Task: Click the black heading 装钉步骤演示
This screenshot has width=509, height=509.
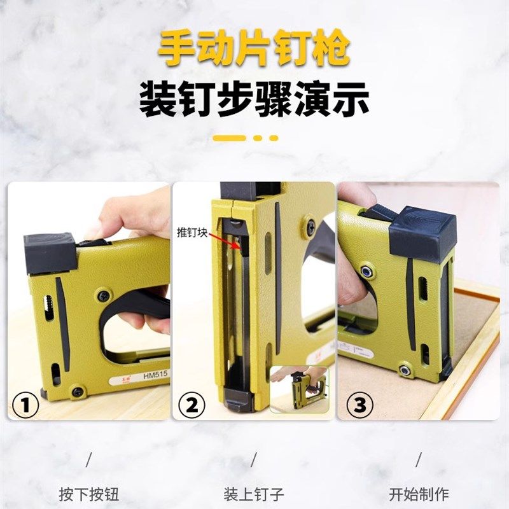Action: (x=254, y=100)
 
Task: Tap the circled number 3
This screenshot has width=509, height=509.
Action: (x=358, y=405)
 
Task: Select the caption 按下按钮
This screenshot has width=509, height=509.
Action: (x=89, y=494)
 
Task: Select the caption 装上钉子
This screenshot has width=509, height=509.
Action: (x=254, y=494)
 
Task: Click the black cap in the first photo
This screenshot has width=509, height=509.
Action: (x=50, y=252)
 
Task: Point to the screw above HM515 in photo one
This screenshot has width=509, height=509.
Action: (x=103, y=296)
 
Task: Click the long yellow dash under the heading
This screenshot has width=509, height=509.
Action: (x=229, y=137)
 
